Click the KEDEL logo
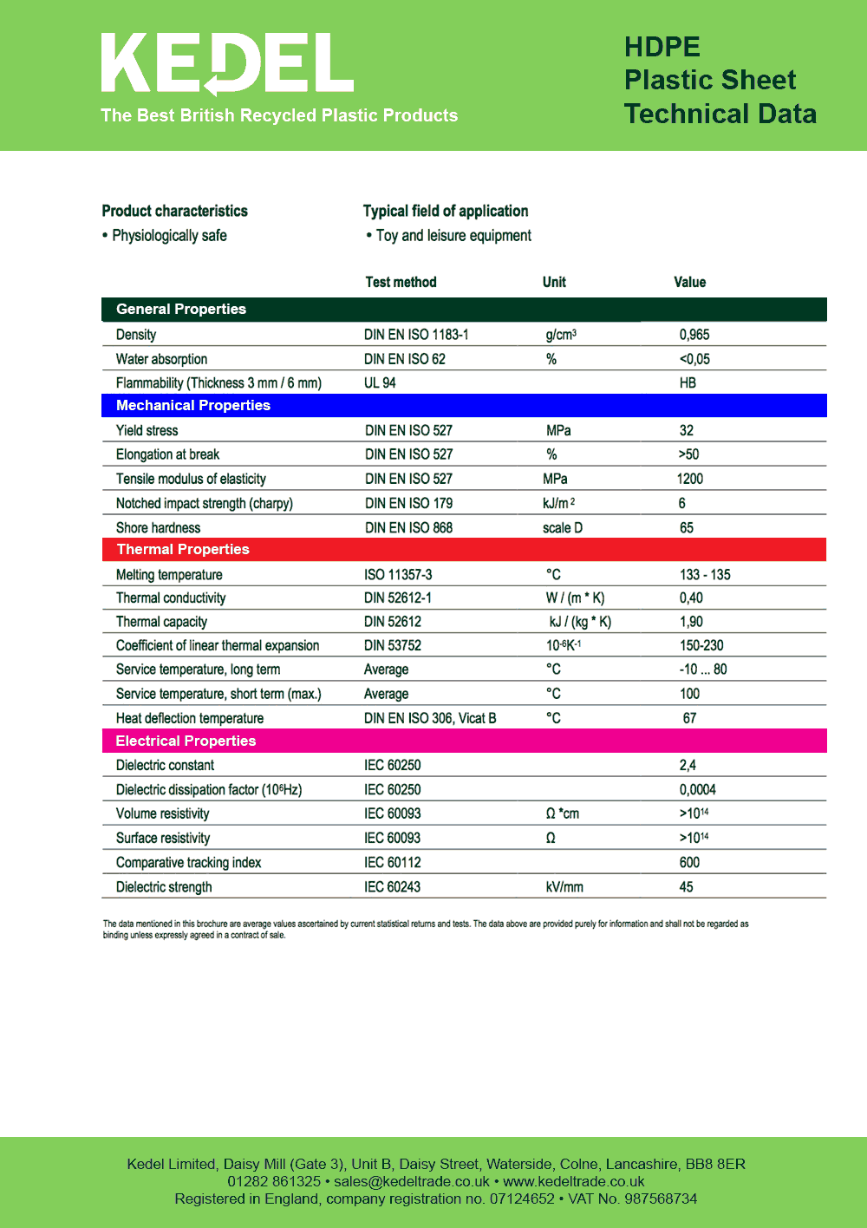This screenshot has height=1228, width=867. coord(227,64)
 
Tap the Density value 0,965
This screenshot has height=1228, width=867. coord(694,335)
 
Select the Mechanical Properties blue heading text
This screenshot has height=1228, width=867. coord(193,406)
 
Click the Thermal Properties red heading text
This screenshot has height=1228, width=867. coord(183,550)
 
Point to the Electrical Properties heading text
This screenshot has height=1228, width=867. coord(186,741)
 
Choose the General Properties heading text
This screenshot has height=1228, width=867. coord(181,310)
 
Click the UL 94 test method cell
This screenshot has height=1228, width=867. coord(380,383)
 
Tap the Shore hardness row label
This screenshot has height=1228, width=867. coord(158,528)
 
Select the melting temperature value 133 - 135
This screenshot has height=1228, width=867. coord(705,575)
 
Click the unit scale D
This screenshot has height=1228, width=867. coord(563,528)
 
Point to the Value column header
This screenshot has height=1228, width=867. coord(690,283)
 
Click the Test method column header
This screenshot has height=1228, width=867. coord(401,283)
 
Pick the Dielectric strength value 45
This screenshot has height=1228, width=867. coord(686,887)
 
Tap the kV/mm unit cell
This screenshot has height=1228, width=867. coord(564,887)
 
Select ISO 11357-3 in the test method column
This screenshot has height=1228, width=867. coord(398,575)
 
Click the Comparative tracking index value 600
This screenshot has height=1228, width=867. coord(689,863)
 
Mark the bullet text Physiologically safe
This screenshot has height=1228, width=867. coord(169,236)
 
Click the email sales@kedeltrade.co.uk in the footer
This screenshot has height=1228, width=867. coord(412,1181)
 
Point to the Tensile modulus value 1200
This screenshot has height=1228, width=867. coord(690,479)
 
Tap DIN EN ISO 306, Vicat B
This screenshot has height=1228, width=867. coord(430,718)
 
